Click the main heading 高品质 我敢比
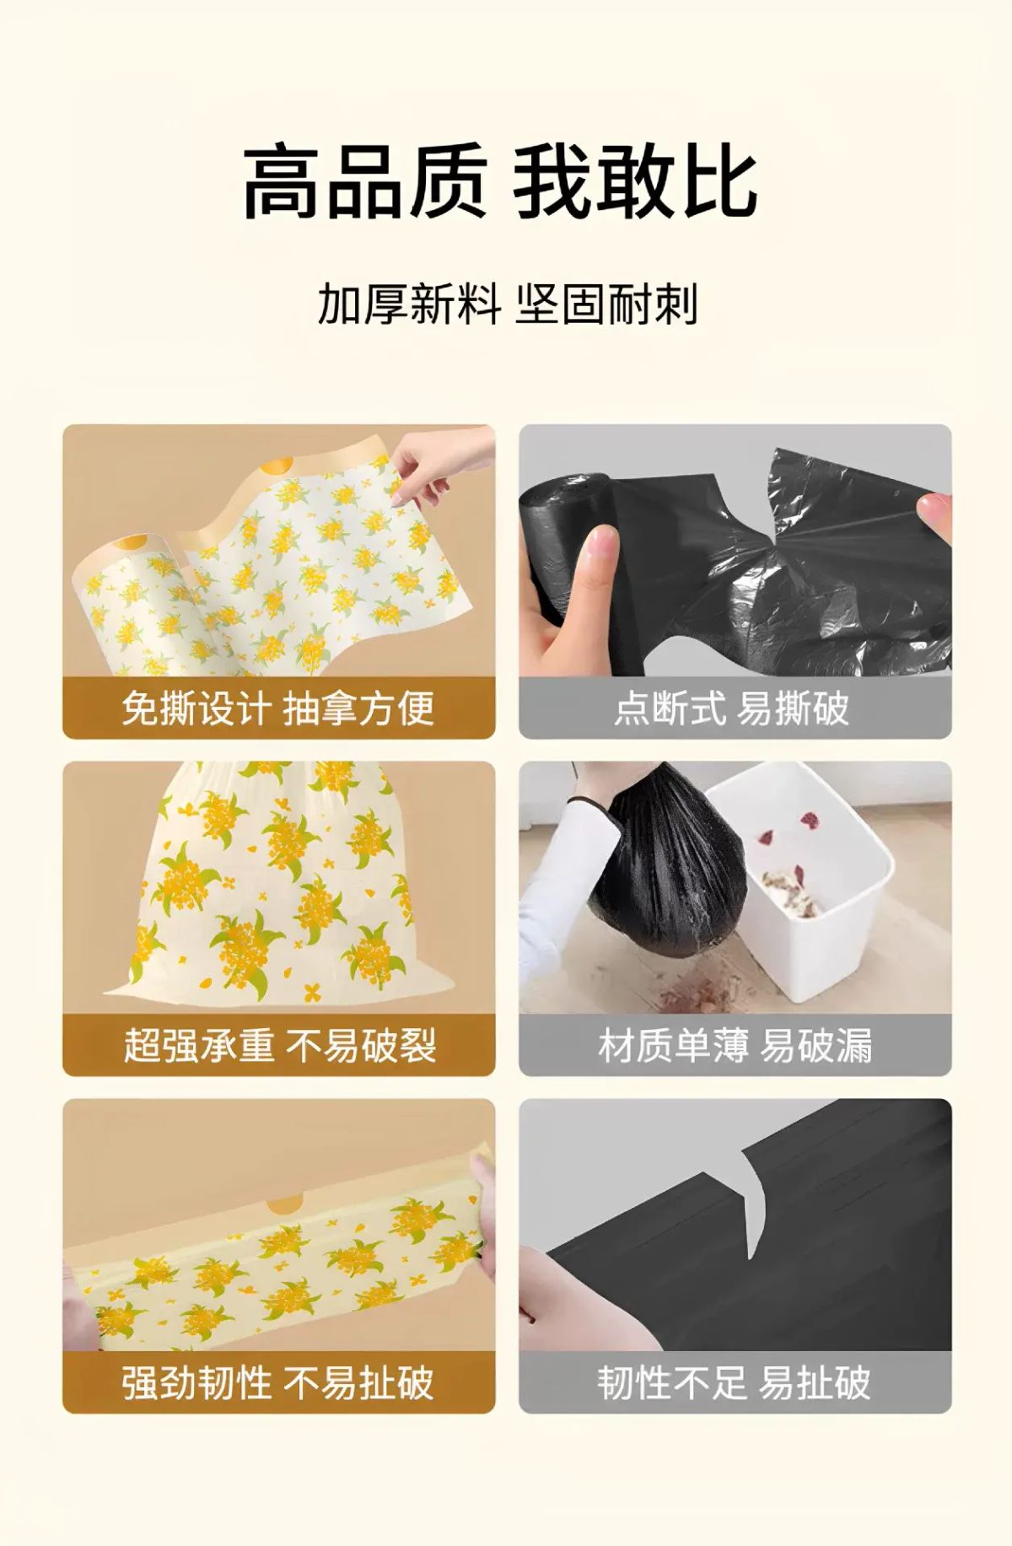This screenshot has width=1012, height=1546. [x=499, y=181]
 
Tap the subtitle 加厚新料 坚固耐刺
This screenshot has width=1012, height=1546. [x=507, y=304]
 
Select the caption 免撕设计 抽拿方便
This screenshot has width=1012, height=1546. [x=277, y=708]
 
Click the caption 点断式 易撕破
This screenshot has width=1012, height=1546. [x=731, y=708]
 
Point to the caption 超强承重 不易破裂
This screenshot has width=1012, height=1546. [x=279, y=1045]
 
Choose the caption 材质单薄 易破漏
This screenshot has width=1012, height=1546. [x=735, y=1045]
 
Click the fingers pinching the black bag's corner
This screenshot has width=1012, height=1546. [x=931, y=512]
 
